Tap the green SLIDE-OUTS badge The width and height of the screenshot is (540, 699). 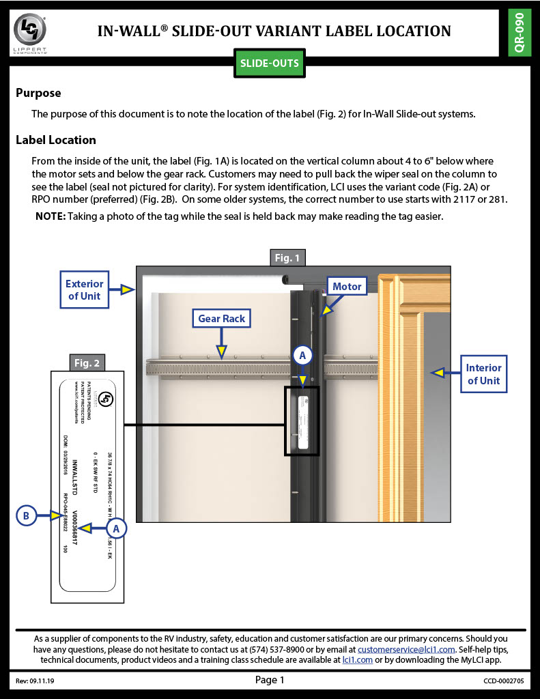tap(269, 63)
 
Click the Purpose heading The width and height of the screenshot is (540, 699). tap(38, 93)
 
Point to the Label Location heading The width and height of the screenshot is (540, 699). tap(56, 140)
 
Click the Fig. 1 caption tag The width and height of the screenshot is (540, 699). tap(287, 257)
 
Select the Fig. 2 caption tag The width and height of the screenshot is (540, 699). tap(87, 362)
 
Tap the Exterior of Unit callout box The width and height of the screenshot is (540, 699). tap(85, 289)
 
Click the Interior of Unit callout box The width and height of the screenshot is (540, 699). tap(483, 374)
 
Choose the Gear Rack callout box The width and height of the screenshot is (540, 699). tap(221, 318)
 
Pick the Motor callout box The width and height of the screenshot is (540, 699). tap(347, 286)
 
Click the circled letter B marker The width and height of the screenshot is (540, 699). tap(26, 516)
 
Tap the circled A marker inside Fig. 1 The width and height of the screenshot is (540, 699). tap(303, 355)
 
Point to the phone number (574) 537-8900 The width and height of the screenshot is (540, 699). tap(295, 650)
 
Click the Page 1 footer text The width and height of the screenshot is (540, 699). tap(269, 679)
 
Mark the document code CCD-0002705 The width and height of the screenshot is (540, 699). tap(502, 681)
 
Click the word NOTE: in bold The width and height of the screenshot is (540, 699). tap(51, 216)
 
